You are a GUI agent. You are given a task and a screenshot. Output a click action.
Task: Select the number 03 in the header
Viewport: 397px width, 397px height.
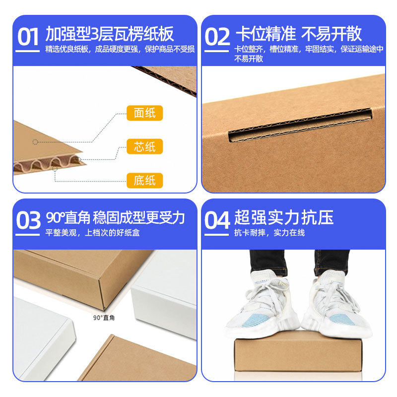pyautogui.click(x=28, y=221)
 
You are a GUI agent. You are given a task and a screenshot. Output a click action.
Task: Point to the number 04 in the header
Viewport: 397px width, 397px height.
pyautogui.click(x=217, y=221)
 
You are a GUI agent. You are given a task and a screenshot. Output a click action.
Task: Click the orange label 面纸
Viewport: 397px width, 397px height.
pyautogui.click(x=144, y=113)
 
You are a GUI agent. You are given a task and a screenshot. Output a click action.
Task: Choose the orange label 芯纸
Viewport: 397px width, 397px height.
pyautogui.click(x=144, y=147)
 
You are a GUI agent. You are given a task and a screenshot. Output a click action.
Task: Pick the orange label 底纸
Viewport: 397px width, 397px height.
pyautogui.click(x=144, y=180)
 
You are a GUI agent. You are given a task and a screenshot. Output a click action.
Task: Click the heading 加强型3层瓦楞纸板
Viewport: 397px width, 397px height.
pyautogui.click(x=110, y=34)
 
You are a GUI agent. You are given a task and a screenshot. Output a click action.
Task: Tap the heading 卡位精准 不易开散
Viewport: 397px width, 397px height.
pyautogui.click(x=298, y=34)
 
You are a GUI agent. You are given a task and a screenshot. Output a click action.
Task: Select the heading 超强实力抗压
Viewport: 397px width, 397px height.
pyautogui.click(x=284, y=217)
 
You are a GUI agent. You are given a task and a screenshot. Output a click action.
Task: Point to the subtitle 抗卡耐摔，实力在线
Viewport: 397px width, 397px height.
pyautogui.click(x=269, y=233)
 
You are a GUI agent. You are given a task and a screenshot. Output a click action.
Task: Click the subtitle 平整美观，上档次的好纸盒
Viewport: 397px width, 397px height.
pyautogui.click(x=93, y=233)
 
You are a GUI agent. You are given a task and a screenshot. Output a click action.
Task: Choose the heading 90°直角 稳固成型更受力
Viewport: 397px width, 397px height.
pyautogui.click(x=115, y=217)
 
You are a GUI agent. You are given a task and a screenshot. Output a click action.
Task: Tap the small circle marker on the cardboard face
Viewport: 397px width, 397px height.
pyautogui.click(x=35, y=142)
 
